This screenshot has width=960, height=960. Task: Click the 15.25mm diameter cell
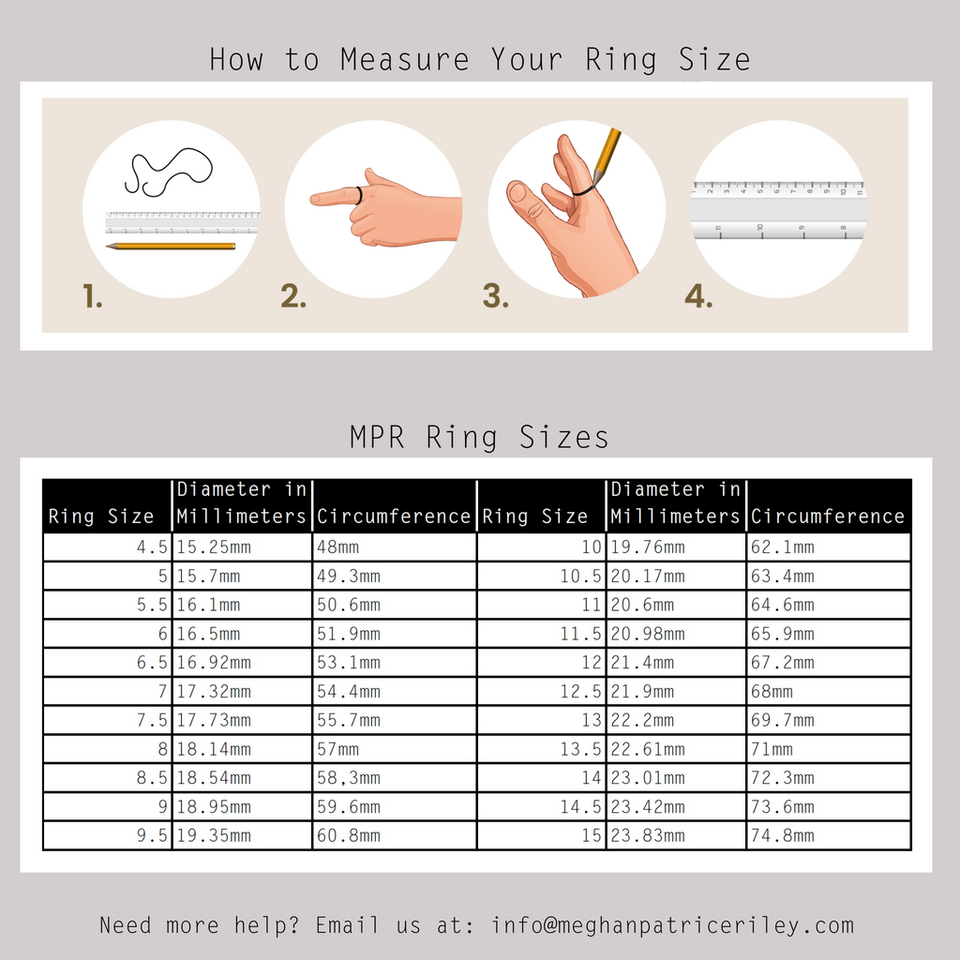coord(243,547)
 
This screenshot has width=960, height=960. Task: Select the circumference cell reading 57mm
coord(395,749)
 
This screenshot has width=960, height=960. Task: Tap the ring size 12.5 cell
coord(541,691)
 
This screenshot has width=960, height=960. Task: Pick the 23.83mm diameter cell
coord(677,835)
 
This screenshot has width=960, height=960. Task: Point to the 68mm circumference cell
coord(829,691)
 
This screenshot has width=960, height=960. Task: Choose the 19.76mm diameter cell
coord(677,547)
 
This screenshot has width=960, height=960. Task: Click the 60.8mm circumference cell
coord(395,835)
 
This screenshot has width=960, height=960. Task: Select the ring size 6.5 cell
coord(108,663)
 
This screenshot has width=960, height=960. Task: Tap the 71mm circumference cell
coord(829,749)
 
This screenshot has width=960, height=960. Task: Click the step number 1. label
coord(93,295)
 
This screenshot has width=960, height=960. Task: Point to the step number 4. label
coord(698,295)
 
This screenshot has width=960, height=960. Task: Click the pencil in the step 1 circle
coord(171,247)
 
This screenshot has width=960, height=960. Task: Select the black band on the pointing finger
coord(359,195)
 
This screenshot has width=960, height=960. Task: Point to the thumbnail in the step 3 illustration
coord(517,192)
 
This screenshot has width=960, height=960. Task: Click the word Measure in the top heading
coord(405,60)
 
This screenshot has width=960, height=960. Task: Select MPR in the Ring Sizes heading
coord(377,437)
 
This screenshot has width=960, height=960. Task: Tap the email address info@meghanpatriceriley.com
coord(673,925)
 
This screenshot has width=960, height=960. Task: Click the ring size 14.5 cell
coord(541,807)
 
